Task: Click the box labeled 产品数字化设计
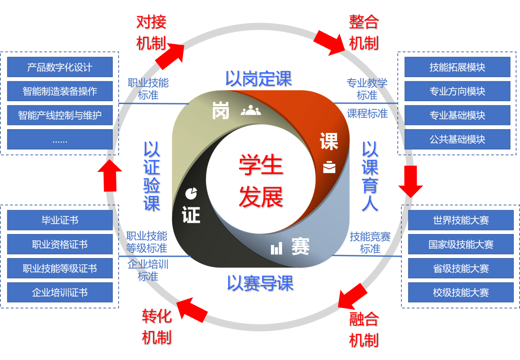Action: pos(60,67)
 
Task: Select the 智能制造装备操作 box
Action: pos(60,91)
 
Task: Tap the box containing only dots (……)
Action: pos(60,140)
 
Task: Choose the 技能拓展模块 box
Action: pos(457,67)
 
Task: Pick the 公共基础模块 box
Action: pos(457,140)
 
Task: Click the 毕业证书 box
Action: pos(60,220)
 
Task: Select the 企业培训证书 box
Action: pos(60,293)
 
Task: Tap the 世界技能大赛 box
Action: pos(461,220)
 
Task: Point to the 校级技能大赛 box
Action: pos(461,293)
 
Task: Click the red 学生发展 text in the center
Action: pos(261,181)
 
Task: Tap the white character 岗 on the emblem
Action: pos(221,111)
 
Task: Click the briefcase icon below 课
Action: pos(329,167)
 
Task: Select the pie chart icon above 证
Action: pos(191,193)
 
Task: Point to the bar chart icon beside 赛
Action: pos(277,249)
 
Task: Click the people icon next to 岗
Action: pos(251,111)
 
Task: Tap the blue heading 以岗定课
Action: pos(259,78)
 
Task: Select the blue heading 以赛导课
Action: pos(260,283)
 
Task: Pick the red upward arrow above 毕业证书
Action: pos(110,175)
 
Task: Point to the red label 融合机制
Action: pos(363,329)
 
